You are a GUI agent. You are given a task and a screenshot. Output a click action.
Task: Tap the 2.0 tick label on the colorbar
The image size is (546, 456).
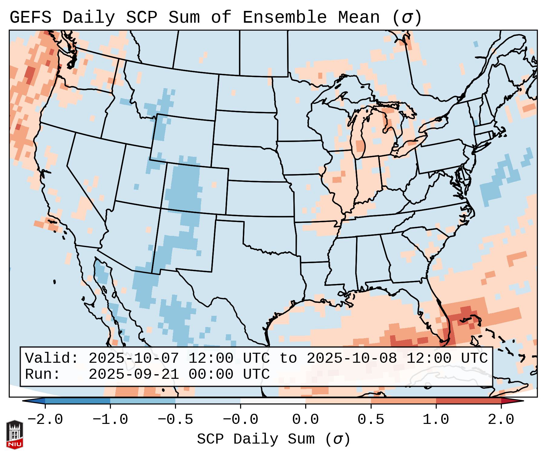point(501,420)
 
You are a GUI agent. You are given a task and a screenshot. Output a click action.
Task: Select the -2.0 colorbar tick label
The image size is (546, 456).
point(45,420)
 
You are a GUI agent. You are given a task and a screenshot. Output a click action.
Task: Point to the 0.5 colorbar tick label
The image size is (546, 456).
point(371,420)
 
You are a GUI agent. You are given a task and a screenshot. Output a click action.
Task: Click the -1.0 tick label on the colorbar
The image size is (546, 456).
point(110,420)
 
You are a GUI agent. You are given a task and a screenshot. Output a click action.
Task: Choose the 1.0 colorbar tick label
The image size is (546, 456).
point(436,420)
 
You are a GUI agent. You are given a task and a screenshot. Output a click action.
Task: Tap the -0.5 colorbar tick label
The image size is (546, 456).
point(175,420)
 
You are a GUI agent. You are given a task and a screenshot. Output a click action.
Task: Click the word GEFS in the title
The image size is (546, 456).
point(31,17)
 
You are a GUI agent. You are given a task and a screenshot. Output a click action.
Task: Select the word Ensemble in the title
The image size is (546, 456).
point(285,17)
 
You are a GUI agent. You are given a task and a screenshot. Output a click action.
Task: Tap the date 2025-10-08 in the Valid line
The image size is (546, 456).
point(352,358)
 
